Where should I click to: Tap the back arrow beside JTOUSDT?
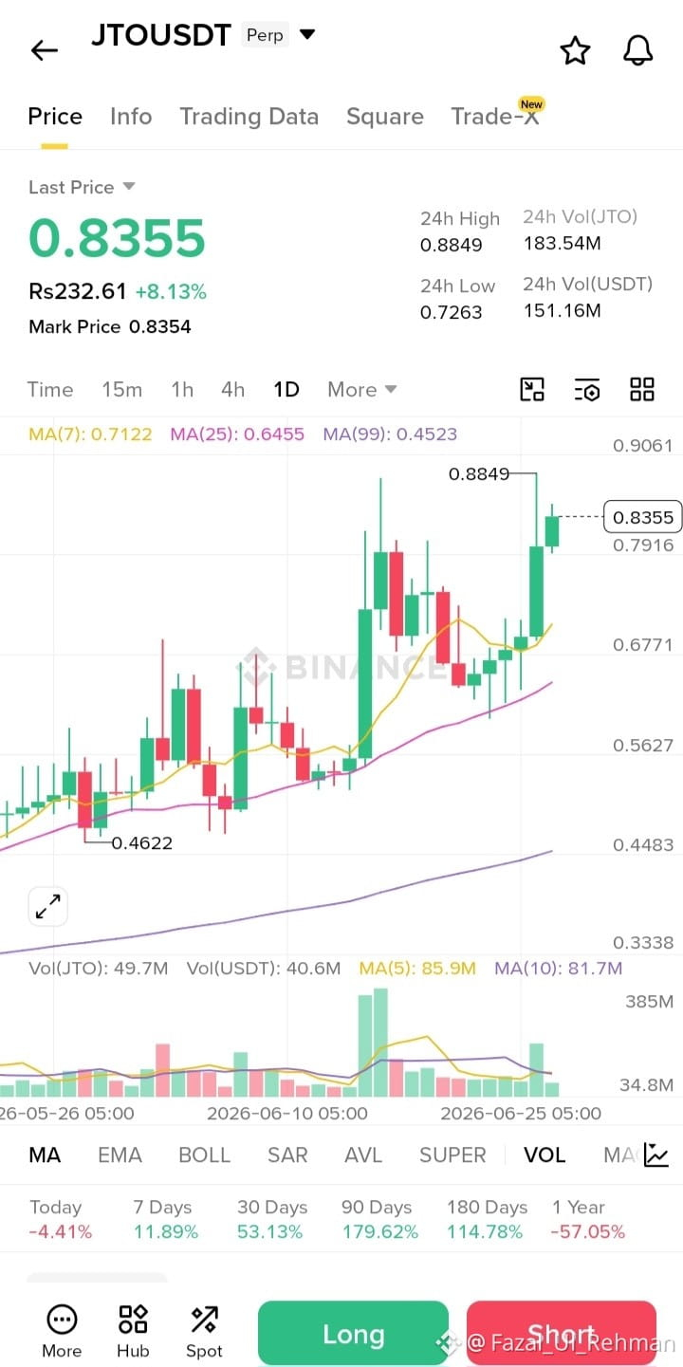[x=45, y=50]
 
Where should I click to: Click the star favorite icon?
[x=575, y=50]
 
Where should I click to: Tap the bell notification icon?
[x=637, y=50]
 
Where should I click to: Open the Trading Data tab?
[x=249, y=116]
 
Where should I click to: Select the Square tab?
[x=385, y=116]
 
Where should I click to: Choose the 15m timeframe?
[x=122, y=389]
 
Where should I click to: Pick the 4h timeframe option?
[x=232, y=389]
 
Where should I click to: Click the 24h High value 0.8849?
[x=451, y=245]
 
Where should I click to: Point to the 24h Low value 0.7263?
[x=451, y=312]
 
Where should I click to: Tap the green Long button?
[x=354, y=1334]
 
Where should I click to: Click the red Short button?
[x=562, y=1334]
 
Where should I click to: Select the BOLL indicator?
[x=205, y=1155]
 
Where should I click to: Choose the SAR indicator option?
[x=287, y=1155]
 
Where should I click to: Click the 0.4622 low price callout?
[x=141, y=842]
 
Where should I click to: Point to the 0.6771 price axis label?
[x=643, y=644]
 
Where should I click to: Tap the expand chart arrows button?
[x=47, y=906]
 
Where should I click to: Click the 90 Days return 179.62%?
[x=379, y=1231]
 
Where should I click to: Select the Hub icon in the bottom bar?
[x=133, y=1330]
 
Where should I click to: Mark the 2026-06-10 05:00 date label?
[x=286, y=1113]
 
